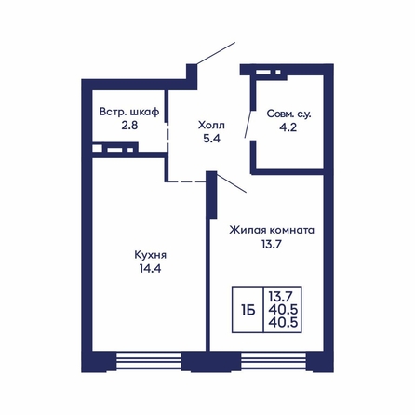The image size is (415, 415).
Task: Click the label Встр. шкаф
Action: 129,112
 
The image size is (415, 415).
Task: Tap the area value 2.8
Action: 129,126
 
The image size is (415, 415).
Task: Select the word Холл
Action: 211,126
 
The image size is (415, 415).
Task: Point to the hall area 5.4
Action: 211,139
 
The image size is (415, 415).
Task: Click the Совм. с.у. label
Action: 288,114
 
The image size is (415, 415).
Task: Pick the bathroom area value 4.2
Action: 288,127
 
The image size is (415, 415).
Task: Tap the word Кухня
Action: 150,255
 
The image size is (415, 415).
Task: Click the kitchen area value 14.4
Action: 150,268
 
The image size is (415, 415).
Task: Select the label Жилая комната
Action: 272,231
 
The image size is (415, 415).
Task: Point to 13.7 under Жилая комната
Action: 272,245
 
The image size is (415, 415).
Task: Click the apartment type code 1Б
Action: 248,310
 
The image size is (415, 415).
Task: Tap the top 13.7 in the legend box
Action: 281,297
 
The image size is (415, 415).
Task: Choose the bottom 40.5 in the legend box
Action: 283,323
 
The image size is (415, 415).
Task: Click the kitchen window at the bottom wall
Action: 149,360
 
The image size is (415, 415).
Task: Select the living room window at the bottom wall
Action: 274,360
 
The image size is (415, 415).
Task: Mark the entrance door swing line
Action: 216,53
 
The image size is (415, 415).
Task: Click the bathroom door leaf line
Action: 248,124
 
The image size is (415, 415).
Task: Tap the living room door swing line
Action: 232,183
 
